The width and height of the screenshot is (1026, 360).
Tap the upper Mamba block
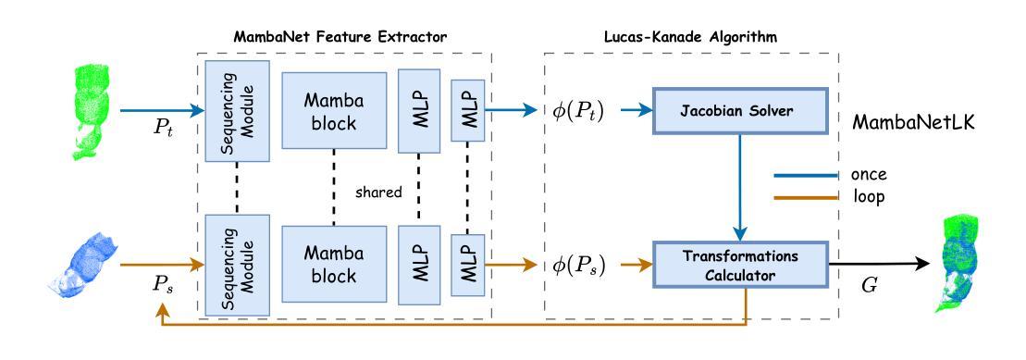coord(334,111)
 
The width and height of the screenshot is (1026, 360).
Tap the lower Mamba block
coord(334,267)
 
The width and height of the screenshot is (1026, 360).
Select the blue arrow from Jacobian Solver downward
coord(736,185)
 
